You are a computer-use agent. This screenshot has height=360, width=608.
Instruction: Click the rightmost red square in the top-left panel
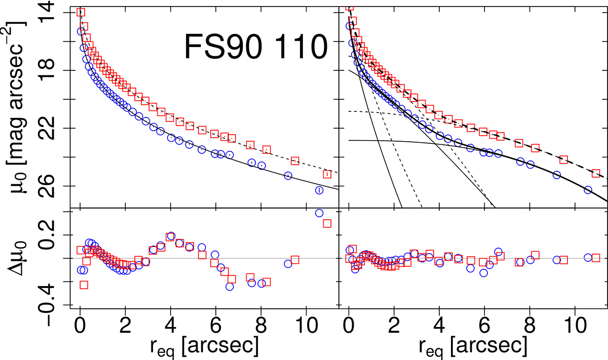click(327, 174)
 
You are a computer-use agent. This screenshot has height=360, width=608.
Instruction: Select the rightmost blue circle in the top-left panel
click(319, 190)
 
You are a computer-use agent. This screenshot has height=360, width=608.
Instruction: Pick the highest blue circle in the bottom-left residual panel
click(319, 213)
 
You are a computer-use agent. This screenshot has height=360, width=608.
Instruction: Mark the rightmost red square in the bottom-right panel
click(596, 258)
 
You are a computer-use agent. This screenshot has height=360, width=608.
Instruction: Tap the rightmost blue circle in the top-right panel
click(588, 190)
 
